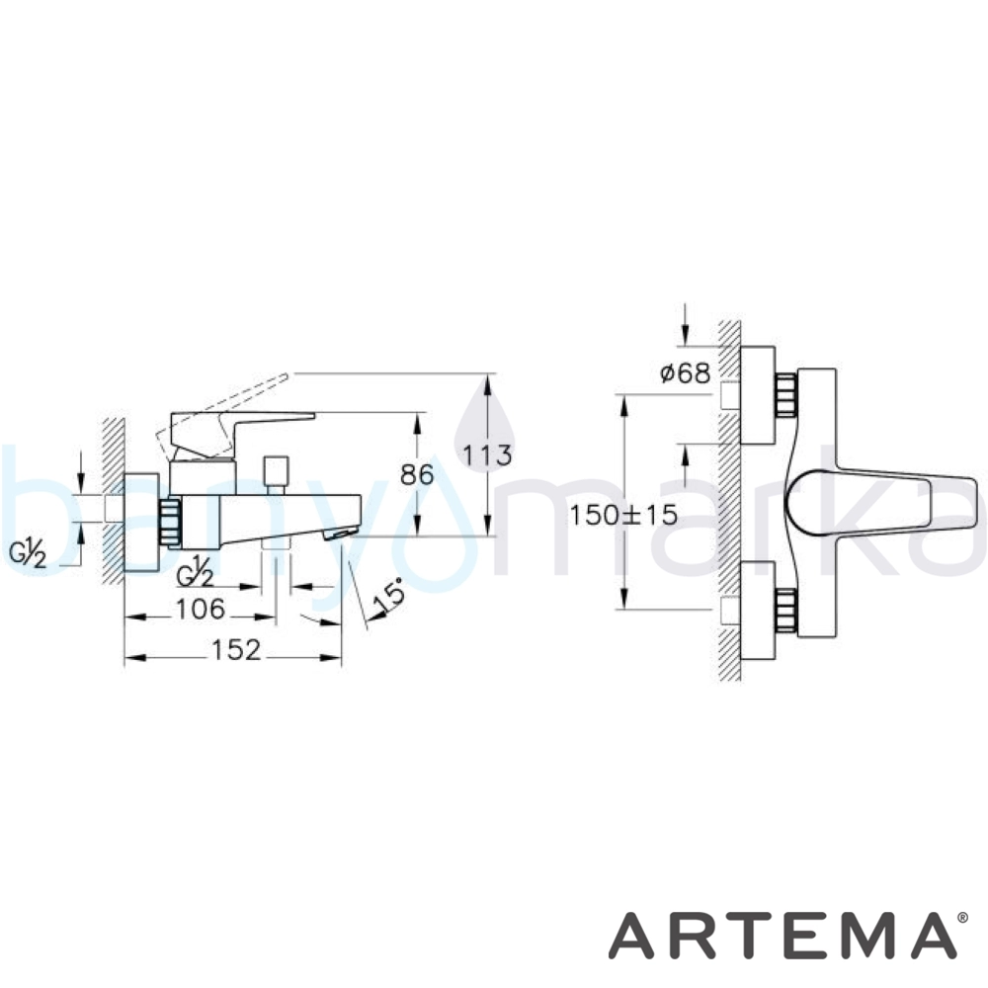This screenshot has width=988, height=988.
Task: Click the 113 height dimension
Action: [x=487, y=454]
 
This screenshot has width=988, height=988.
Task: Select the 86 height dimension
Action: [x=417, y=474]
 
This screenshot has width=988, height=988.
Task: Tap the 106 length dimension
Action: [x=200, y=610]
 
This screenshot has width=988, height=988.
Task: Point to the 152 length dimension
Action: [x=236, y=650]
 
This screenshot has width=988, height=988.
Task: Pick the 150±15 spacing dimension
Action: [x=623, y=515]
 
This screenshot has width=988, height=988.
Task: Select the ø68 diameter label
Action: [x=685, y=373]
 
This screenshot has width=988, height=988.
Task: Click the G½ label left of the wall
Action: [x=28, y=554]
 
